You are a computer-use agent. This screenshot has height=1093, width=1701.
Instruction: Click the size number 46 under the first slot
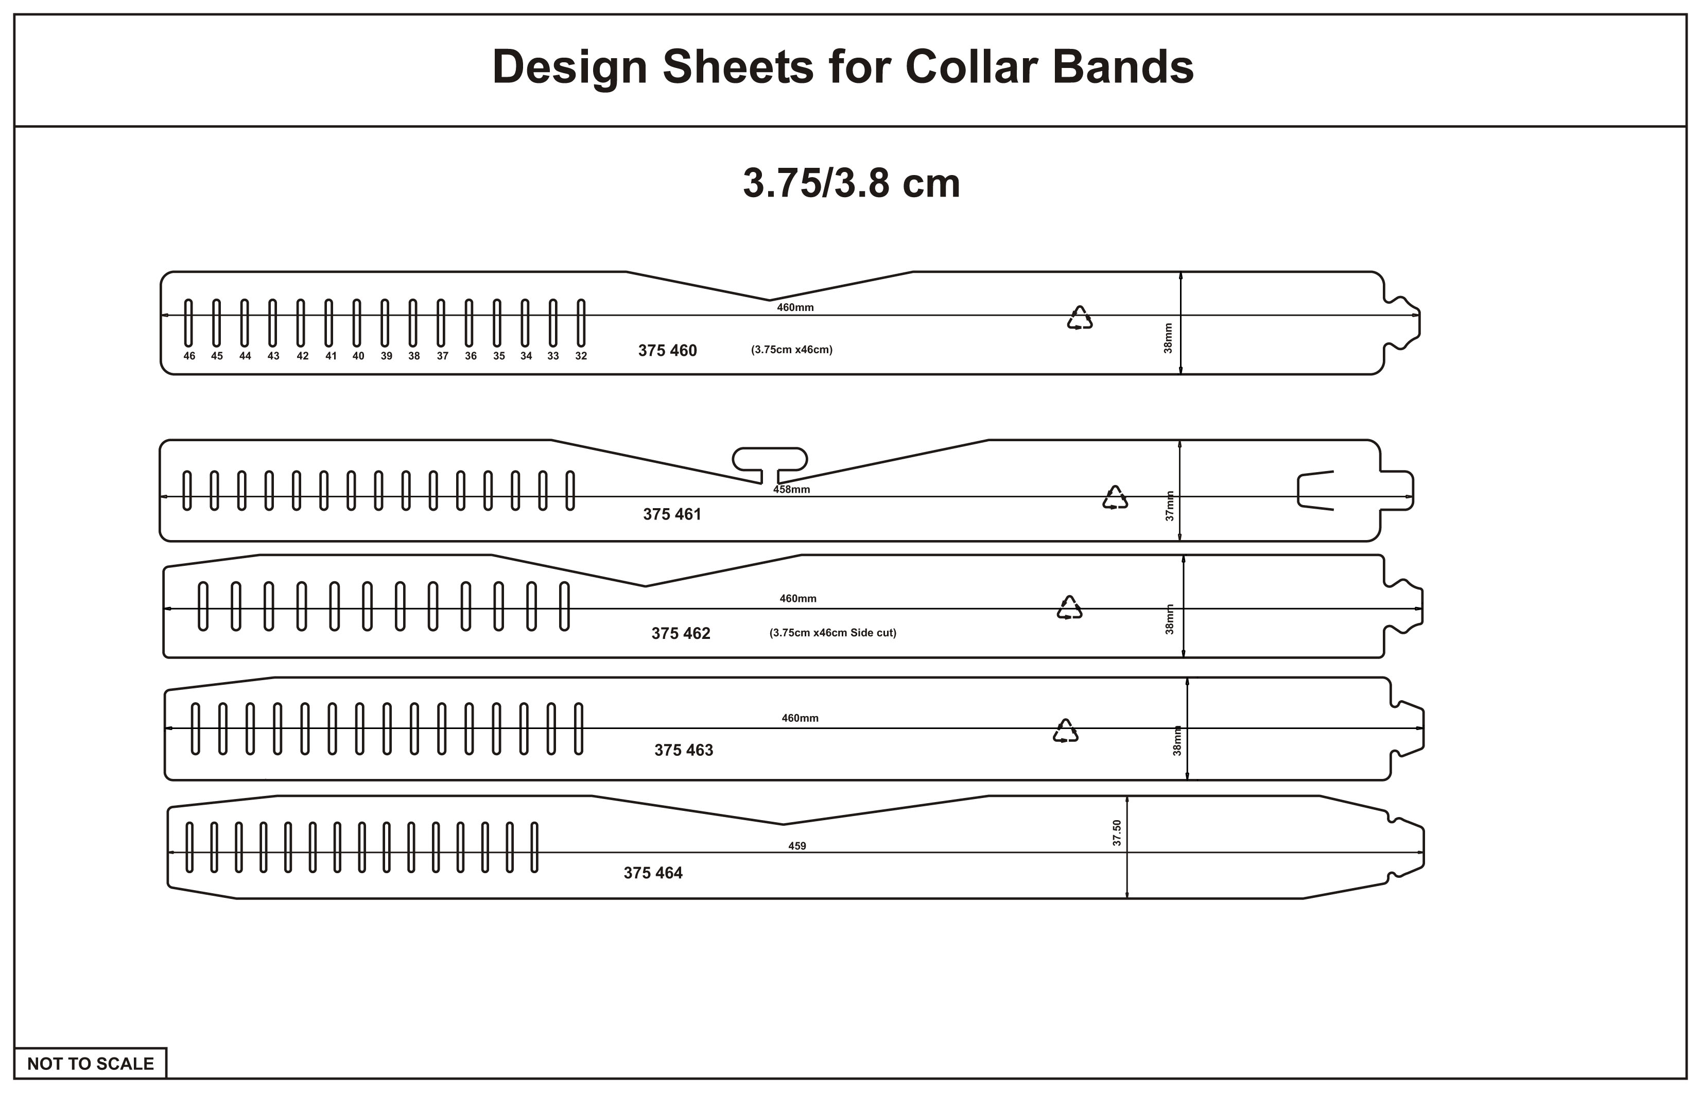189,356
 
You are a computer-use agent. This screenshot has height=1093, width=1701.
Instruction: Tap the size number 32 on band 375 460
581,356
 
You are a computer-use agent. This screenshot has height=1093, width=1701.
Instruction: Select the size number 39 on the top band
386,356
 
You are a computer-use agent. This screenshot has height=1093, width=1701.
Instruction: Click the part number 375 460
667,350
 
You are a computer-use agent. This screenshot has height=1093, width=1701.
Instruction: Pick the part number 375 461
672,514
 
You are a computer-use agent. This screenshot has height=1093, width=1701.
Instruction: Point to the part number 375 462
681,633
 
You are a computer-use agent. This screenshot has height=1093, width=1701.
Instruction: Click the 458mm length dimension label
791,489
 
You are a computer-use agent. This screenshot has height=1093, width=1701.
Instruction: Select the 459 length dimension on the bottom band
797,845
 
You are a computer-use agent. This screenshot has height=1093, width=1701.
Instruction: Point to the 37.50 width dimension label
1117,832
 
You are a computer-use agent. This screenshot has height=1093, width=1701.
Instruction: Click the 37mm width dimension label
1170,506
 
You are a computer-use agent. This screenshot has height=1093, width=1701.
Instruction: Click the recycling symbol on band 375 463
1065,731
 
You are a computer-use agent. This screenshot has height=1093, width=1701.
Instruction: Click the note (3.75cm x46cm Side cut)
832,632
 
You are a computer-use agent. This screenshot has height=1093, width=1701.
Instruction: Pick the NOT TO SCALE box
90,1063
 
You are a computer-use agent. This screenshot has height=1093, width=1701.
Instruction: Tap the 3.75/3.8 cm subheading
851,183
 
